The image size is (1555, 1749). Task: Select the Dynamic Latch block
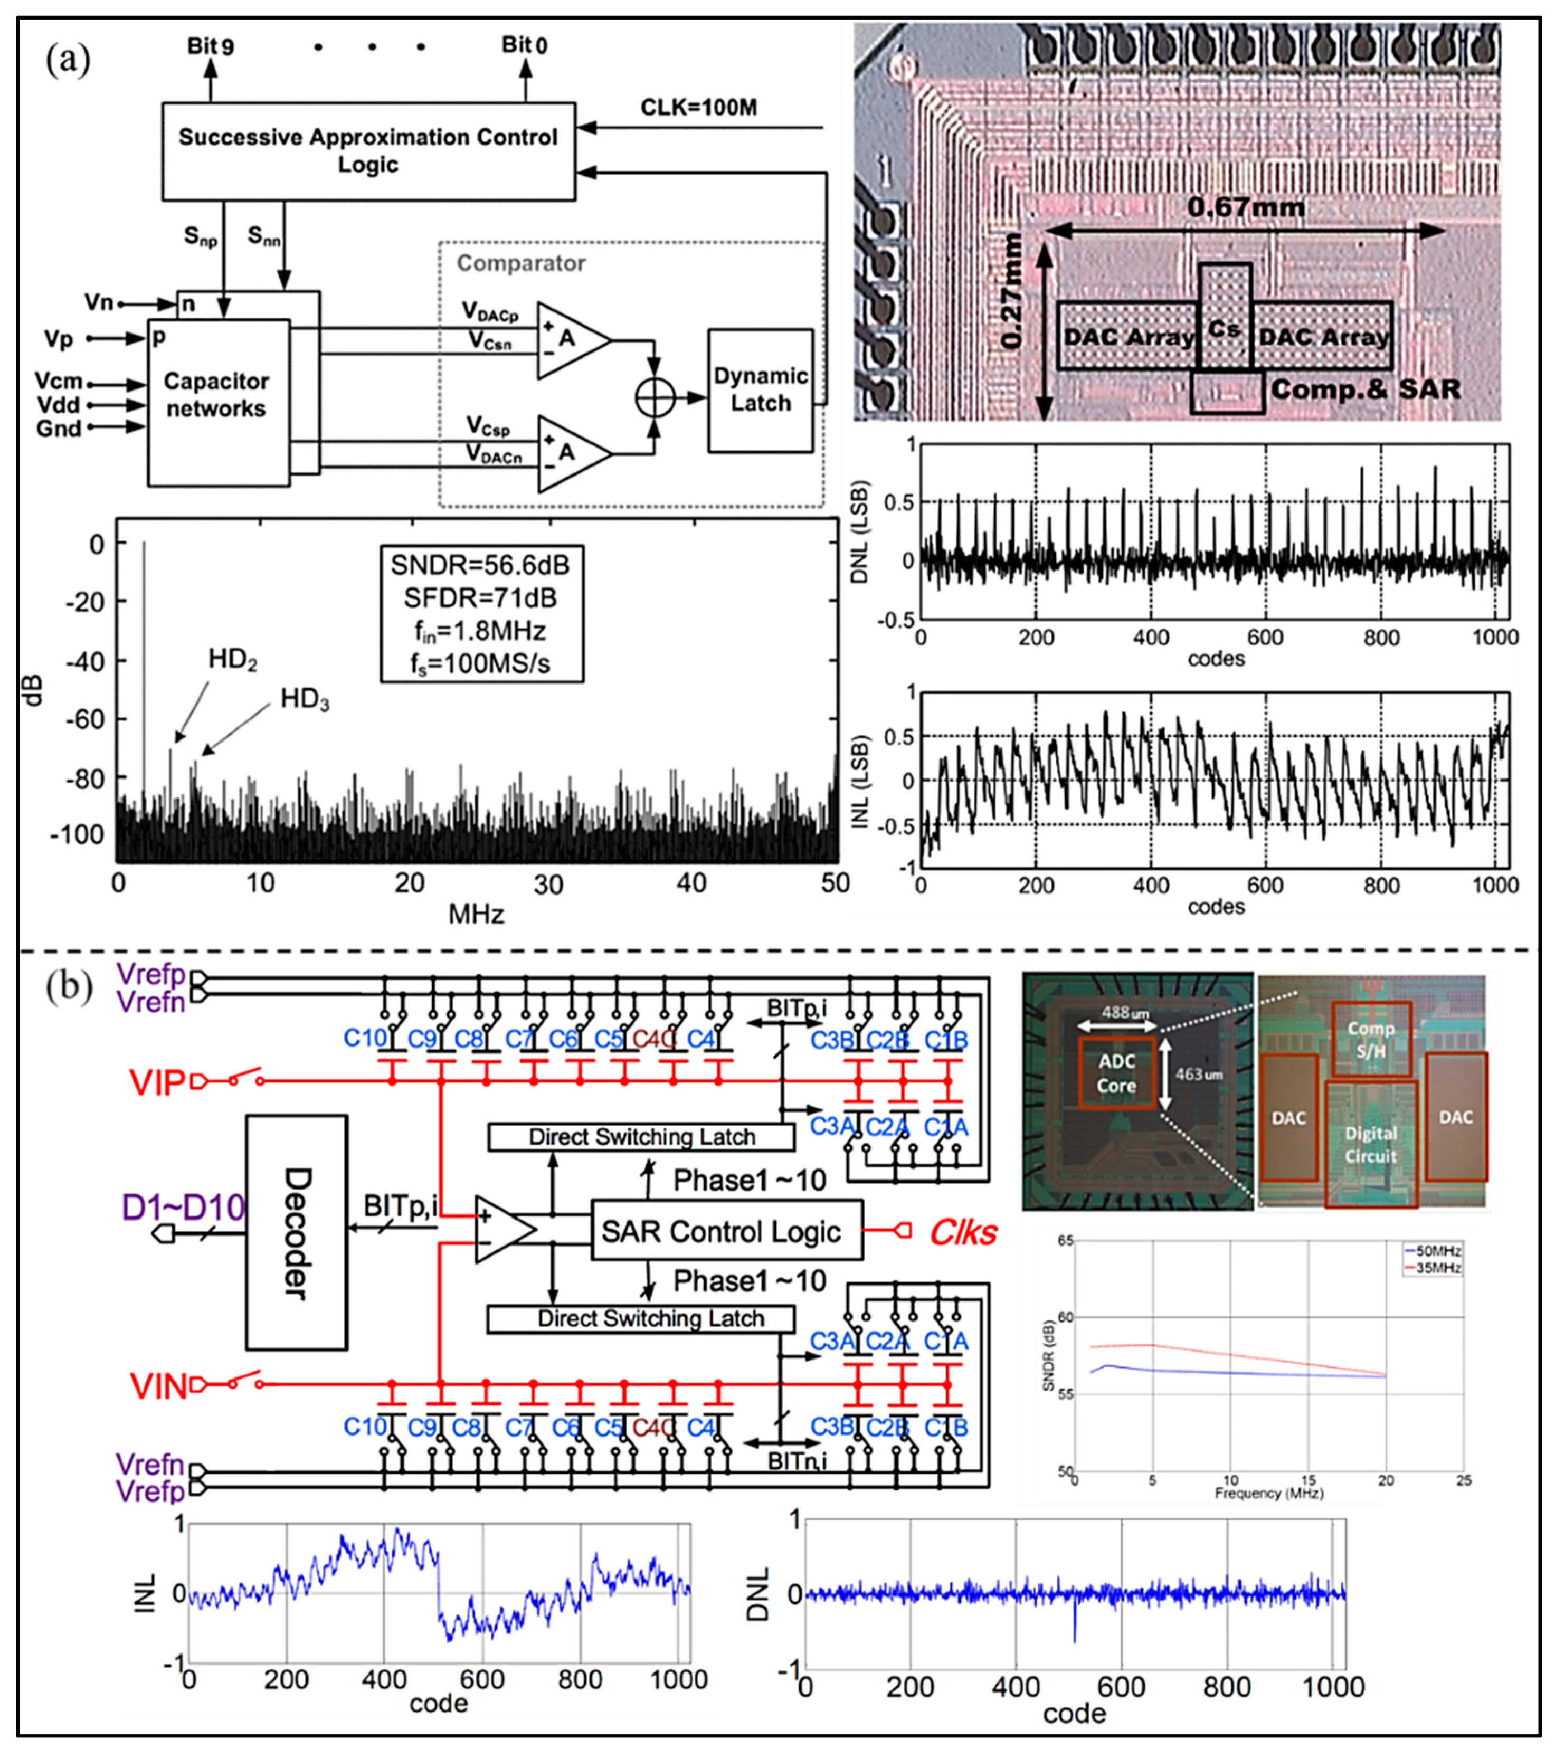760,390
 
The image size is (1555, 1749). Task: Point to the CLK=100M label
699,108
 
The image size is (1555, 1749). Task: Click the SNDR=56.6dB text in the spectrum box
480,565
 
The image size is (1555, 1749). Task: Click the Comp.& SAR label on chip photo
1365,390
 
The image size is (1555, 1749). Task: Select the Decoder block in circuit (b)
296,1233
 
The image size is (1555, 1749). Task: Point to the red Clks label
963,1232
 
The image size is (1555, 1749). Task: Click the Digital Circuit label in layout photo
1370,1145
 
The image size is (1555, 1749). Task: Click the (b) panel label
69,986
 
